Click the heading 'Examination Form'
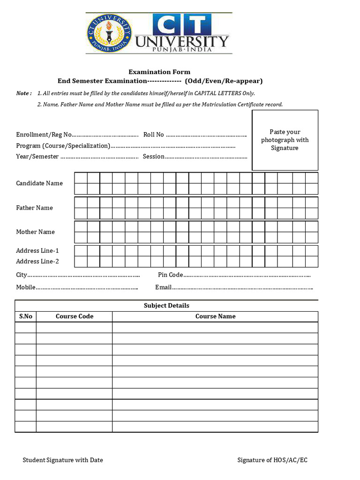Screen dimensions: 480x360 pyautogui.click(x=159, y=72)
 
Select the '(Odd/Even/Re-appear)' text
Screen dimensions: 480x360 pyautogui.click(x=224, y=81)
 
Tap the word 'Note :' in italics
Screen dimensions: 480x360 pyautogui.click(x=24, y=93)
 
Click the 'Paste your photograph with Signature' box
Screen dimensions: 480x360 pyautogui.click(x=285, y=140)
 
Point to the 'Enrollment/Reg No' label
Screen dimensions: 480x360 pyautogui.click(x=44, y=135)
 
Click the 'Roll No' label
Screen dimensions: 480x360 pyautogui.click(x=153, y=135)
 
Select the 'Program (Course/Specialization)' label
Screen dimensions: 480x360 pyautogui.click(x=63, y=146)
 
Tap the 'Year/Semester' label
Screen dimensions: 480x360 pyautogui.click(x=37, y=157)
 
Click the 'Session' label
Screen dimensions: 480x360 pyautogui.click(x=154, y=157)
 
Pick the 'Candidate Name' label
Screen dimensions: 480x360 pyautogui.click(x=39, y=183)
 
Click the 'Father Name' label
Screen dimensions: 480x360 pyautogui.click(x=34, y=208)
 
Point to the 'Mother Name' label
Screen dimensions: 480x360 pyautogui.click(x=35, y=232)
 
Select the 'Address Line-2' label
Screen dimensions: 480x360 pyautogui.click(x=37, y=262)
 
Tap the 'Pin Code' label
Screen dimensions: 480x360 pyautogui.click(x=170, y=275)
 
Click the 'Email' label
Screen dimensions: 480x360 pyautogui.click(x=163, y=287)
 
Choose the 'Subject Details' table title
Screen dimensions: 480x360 pyautogui.click(x=166, y=306)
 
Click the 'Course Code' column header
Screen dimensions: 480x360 pyautogui.click(x=75, y=316)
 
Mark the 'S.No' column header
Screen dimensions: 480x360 pyautogui.click(x=26, y=316)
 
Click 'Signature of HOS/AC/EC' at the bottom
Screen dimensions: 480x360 pyautogui.click(x=272, y=460)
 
